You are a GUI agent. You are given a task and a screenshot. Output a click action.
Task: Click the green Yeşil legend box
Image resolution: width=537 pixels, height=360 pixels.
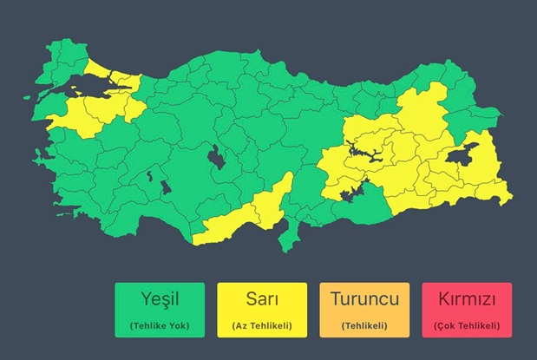pos(160,310)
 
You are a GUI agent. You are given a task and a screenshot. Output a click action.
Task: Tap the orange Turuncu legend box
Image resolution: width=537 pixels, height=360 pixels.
pos(364,310)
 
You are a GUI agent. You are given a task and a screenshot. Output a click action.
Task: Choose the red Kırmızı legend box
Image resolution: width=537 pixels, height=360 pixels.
pos(467,310)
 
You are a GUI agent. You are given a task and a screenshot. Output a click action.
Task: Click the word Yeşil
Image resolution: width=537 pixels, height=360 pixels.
pos(160,301)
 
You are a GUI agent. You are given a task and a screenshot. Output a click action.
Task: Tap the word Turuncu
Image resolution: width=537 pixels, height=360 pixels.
pos(364,301)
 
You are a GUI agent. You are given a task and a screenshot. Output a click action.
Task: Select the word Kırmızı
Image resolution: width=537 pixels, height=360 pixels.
pos(467,301)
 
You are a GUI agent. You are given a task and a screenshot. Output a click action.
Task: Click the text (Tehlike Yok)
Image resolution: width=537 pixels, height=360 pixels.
pos(160,326)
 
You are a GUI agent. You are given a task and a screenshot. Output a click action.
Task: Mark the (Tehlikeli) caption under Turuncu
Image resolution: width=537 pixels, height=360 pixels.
pos(364,326)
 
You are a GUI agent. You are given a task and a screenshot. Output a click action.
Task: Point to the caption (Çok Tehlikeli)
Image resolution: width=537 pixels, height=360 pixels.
pos(467,326)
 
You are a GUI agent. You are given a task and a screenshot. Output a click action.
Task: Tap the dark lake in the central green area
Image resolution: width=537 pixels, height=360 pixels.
pos(213,159)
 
